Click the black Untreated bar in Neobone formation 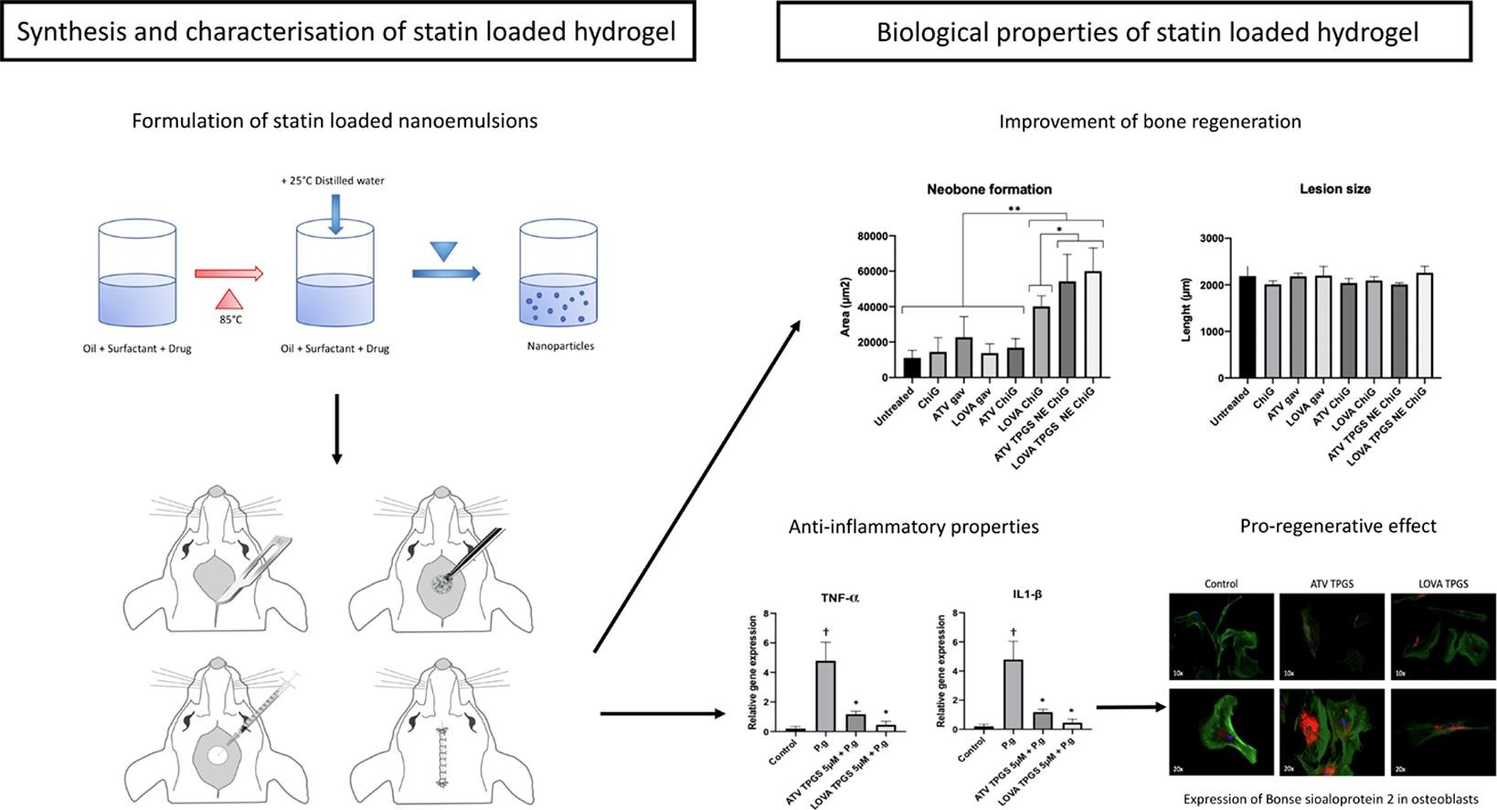coord(912,367)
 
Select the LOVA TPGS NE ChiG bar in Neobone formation coord(1091,325)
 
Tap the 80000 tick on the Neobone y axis coord(874,237)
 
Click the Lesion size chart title coord(1334,189)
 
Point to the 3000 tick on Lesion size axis coord(1212,239)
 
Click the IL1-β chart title coord(1027,594)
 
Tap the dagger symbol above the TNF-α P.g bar coord(825,632)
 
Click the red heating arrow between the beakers coord(228,273)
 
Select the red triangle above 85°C coord(230,298)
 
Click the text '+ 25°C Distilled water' coord(333,181)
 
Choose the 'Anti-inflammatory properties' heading coord(913,527)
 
